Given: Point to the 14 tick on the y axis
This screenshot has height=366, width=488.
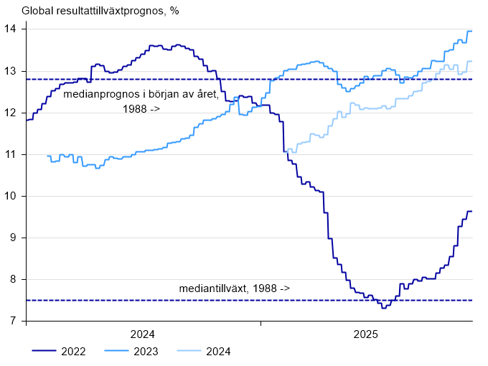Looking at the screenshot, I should coord(11,29).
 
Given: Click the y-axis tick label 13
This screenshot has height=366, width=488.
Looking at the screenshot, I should coord(11,71).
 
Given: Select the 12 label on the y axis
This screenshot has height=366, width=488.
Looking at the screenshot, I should coord(11,113).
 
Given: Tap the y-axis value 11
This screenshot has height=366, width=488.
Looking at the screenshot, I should coord(11,154).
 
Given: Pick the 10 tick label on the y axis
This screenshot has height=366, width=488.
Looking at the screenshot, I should coord(11,196).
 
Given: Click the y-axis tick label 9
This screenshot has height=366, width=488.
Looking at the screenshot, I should coord(14,238).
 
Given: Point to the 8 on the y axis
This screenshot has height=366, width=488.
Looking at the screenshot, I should coord(14,279).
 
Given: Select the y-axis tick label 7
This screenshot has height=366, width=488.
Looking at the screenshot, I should coord(14,321).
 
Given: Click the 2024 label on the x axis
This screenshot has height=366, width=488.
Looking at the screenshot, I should coord(143,334).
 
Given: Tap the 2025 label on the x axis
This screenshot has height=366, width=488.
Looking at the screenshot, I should coord(366,334).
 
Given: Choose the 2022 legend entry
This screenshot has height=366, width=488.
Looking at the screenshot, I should coord(73,351).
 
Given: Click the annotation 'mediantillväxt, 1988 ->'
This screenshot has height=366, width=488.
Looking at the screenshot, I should coord(235,288).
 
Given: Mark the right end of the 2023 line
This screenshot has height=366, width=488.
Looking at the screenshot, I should coord(471,31).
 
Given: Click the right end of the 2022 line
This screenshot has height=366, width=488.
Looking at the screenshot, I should coord(471,211).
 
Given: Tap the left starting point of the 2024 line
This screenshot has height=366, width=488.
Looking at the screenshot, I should coord(286,151).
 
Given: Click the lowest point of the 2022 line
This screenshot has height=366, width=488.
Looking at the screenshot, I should coord(385,307).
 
